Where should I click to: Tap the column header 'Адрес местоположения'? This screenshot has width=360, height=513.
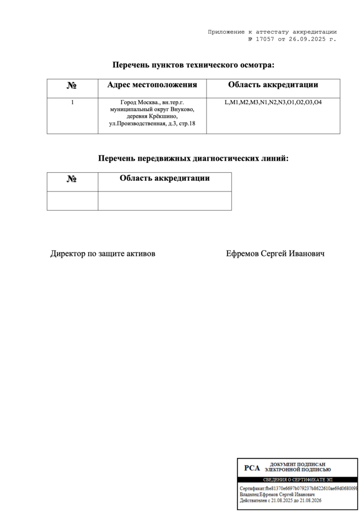[152, 85]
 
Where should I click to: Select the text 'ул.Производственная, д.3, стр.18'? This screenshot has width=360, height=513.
[152, 123]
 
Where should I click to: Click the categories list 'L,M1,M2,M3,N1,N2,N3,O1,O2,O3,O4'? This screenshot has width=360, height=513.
[273, 102]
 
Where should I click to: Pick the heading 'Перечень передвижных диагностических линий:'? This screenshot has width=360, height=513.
[193, 158]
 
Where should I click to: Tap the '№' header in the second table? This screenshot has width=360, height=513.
[72, 179]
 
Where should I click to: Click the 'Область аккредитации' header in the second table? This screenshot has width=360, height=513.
[164, 178]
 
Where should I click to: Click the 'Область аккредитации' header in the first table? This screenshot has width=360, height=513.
[273, 85]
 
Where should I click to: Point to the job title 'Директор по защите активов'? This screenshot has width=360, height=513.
[103, 254]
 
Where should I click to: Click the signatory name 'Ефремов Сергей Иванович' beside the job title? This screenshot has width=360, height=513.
[275, 254]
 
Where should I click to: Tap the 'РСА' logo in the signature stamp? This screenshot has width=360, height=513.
[252, 468]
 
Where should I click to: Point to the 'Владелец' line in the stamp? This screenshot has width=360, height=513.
[277, 494]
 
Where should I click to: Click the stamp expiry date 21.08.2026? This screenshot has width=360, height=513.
[308, 500]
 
